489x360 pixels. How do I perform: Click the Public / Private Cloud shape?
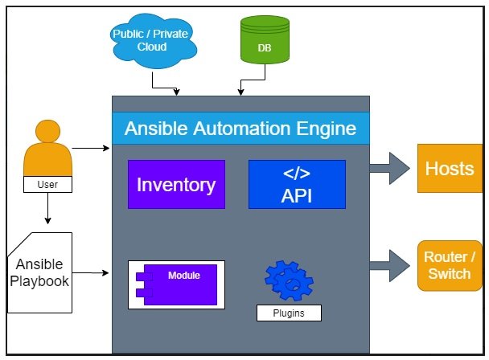[x=153, y=40]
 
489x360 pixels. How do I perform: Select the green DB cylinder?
[x=265, y=39]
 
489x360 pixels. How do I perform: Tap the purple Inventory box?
[x=176, y=184]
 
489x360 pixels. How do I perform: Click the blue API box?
[x=297, y=184]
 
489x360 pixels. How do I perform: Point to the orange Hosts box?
[x=450, y=168]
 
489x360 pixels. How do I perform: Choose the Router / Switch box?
[x=450, y=265]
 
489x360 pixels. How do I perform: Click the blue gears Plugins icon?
[x=289, y=280]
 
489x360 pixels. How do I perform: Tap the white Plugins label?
[x=289, y=313]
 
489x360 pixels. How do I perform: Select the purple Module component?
[x=176, y=285]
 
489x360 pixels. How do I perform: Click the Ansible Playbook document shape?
[x=40, y=272]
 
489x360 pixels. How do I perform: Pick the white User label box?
[x=47, y=184]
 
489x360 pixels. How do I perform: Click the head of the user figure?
[x=47, y=131]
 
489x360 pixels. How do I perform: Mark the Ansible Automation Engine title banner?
[x=240, y=128]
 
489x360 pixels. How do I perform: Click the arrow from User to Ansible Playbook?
[x=47, y=208]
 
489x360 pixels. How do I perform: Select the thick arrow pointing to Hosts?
[x=390, y=168]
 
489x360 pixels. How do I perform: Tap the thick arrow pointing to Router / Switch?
[x=390, y=265]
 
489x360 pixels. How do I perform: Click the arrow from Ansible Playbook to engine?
[x=91, y=273]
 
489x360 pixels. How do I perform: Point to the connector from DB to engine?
[x=253, y=80]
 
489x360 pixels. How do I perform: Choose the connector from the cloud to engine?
[x=164, y=88]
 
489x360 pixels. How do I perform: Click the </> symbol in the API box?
[x=297, y=174]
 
